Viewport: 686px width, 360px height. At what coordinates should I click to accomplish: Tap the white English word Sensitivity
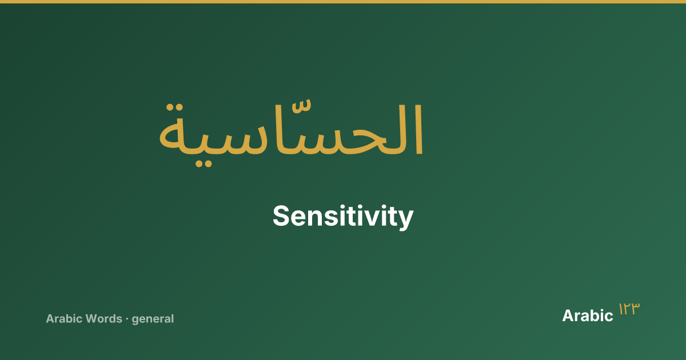point(343,217)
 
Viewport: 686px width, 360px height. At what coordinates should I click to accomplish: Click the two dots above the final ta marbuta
point(174,108)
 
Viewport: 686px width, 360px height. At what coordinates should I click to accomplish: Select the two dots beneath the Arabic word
point(204,163)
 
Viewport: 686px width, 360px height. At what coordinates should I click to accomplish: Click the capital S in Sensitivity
point(281,216)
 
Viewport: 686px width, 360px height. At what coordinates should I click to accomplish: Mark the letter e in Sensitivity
point(300,218)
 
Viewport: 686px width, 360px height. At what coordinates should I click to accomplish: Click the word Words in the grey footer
point(104,319)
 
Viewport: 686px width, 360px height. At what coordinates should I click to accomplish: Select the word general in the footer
point(153,319)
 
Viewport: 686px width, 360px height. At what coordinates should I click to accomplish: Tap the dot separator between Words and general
point(127,319)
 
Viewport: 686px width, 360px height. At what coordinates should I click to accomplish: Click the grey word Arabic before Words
point(64,319)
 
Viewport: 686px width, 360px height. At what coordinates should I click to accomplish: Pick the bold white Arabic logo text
point(588,315)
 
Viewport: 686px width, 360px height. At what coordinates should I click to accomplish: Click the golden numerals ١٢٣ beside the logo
point(629,309)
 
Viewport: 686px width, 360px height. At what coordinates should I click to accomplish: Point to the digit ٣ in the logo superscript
point(635,309)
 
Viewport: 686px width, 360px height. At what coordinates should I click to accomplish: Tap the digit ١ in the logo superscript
point(621,309)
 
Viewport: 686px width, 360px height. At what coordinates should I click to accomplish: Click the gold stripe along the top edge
point(343,2)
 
